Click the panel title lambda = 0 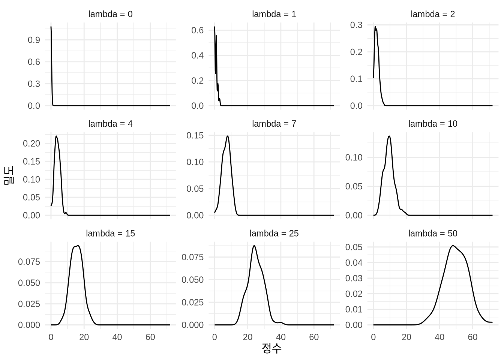point(110,14)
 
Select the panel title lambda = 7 point(274,124)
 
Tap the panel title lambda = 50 point(433,233)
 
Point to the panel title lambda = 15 point(110,233)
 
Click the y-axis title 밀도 point(9,175)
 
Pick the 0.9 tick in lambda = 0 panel point(34,40)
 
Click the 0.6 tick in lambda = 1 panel point(197,30)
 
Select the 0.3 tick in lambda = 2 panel point(356,25)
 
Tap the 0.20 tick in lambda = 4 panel point(31,143)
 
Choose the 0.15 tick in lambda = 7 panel point(195,135)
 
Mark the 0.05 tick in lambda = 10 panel point(354,186)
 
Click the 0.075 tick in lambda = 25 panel point(193,257)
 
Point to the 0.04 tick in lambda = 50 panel point(354,262)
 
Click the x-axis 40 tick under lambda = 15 point(117,337)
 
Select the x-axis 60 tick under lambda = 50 point(472,337)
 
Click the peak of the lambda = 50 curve point(453,246)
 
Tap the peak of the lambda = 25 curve point(254,246)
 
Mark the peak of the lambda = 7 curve point(228,136)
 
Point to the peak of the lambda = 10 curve point(389,136)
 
